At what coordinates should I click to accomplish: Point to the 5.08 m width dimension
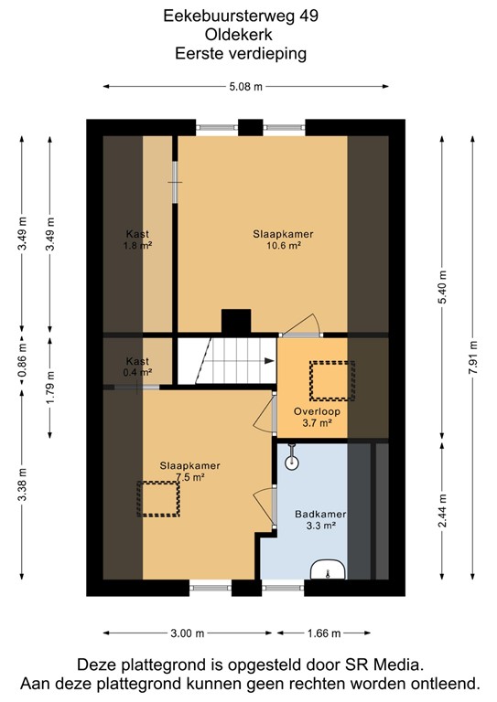(x=246, y=87)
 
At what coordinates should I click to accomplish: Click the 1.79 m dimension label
(x=51, y=386)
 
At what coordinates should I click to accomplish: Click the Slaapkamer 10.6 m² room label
(x=283, y=239)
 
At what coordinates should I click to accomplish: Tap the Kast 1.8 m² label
(x=137, y=239)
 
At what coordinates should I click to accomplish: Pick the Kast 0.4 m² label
(x=137, y=367)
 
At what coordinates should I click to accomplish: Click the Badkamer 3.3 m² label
(x=316, y=519)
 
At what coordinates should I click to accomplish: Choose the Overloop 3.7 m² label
(x=317, y=417)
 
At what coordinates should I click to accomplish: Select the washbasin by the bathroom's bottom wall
(x=327, y=572)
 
